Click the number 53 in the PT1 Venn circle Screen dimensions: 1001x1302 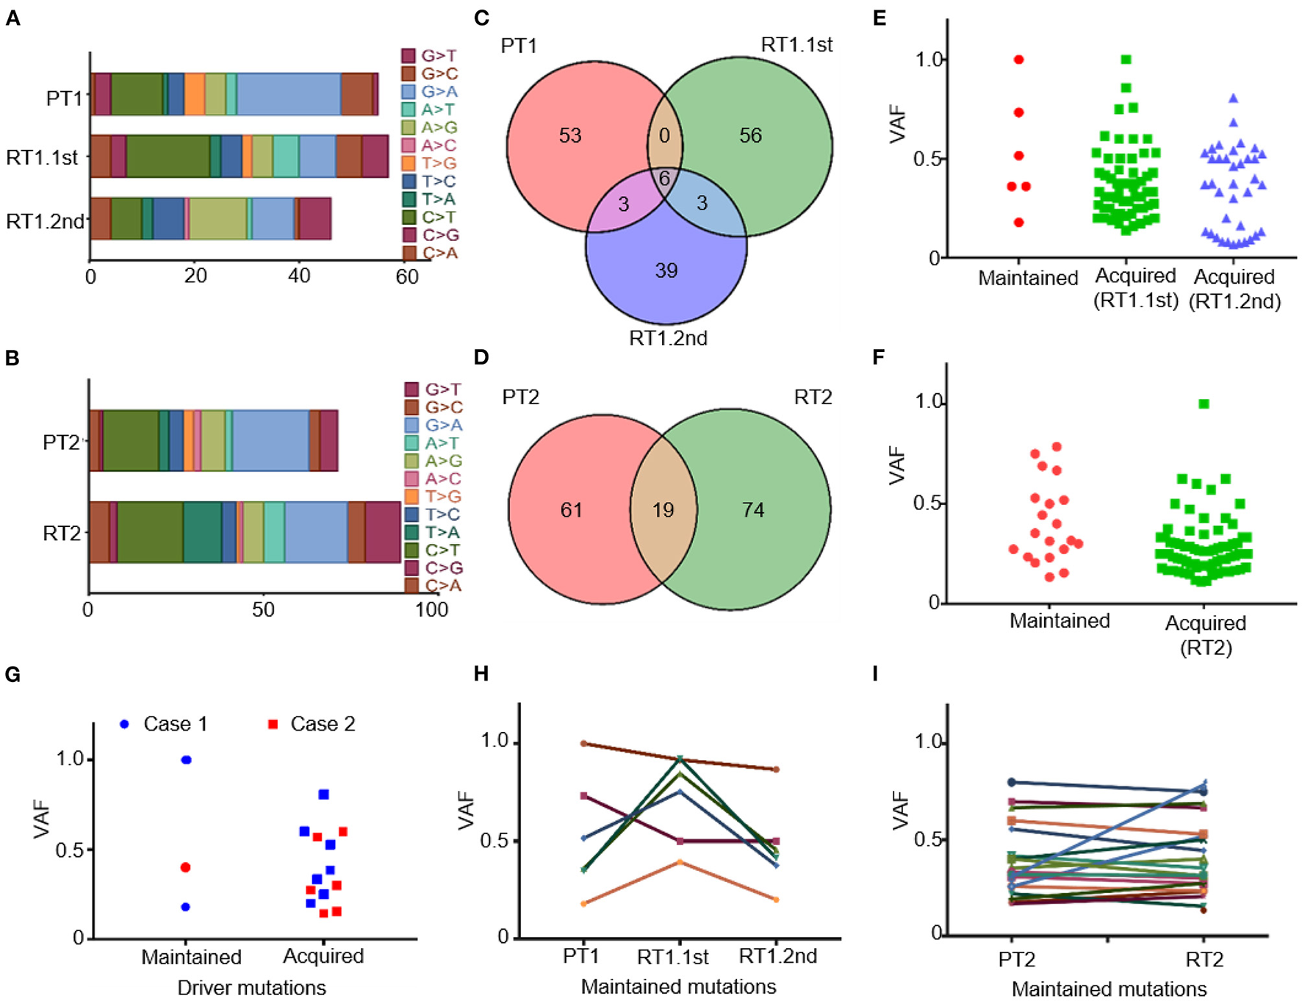pos(569,135)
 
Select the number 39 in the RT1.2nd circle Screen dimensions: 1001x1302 pos(666,270)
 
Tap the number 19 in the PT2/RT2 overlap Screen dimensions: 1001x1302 pos(663,510)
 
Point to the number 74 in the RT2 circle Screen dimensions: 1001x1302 pos(752,510)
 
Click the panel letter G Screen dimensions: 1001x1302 pos(12,674)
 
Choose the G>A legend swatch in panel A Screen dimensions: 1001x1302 pos(409,92)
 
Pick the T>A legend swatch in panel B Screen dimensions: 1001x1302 pos(411,532)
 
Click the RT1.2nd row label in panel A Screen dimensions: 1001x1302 pos(45,221)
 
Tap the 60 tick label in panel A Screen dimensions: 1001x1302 pos(406,277)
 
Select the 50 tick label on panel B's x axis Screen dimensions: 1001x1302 pos(263,610)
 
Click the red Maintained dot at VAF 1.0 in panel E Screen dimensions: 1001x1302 pos(1019,60)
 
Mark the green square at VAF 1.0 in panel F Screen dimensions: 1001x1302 pos(1204,403)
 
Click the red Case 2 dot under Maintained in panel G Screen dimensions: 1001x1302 pos(185,867)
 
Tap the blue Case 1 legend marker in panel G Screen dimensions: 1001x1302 pos(124,724)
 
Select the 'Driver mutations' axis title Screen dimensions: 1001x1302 pos(251,988)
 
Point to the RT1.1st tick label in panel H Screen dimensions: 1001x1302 pos(672,957)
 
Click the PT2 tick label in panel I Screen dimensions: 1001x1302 pos(1016,960)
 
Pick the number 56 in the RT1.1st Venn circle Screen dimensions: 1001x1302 pos(750,135)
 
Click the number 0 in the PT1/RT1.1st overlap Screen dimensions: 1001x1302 pos(664,135)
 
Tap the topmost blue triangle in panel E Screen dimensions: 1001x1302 pos(1234,98)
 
